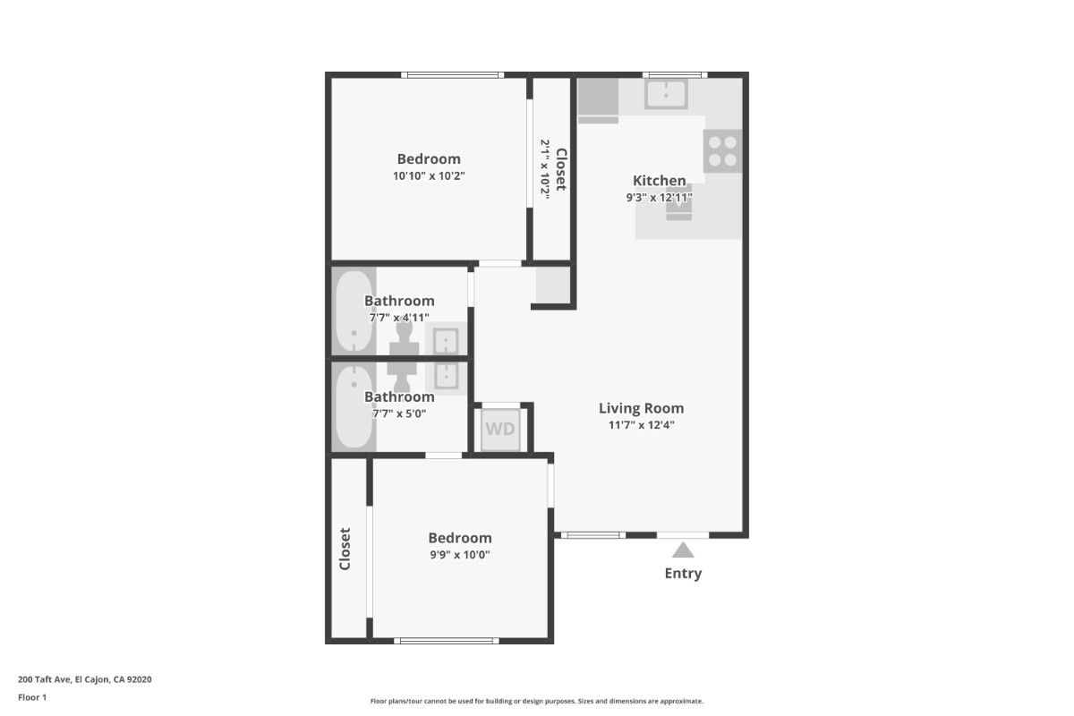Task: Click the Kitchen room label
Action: click(x=659, y=181)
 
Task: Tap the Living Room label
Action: click(x=641, y=408)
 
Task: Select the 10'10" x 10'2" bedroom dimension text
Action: click(x=429, y=176)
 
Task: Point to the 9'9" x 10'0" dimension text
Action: click(x=459, y=555)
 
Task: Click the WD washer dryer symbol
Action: click(x=500, y=430)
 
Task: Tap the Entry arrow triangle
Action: click(x=683, y=550)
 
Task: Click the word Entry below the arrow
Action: click(x=683, y=574)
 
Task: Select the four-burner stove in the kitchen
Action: click(x=722, y=150)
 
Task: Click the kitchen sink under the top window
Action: click(x=666, y=94)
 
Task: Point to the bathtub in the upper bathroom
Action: click(x=354, y=311)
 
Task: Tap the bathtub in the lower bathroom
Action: click(x=354, y=406)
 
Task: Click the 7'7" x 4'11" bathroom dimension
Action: click(x=399, y=318)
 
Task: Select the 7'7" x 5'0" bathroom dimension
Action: click(x=399, y=413)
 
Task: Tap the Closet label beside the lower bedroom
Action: click(x=345, y=549)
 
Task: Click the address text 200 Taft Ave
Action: click(x=45, y=679)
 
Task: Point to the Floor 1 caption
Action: click(x=32, y=697)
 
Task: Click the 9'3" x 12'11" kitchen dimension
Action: click(x=659, y=198)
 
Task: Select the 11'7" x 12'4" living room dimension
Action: click(x=641, y=425)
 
